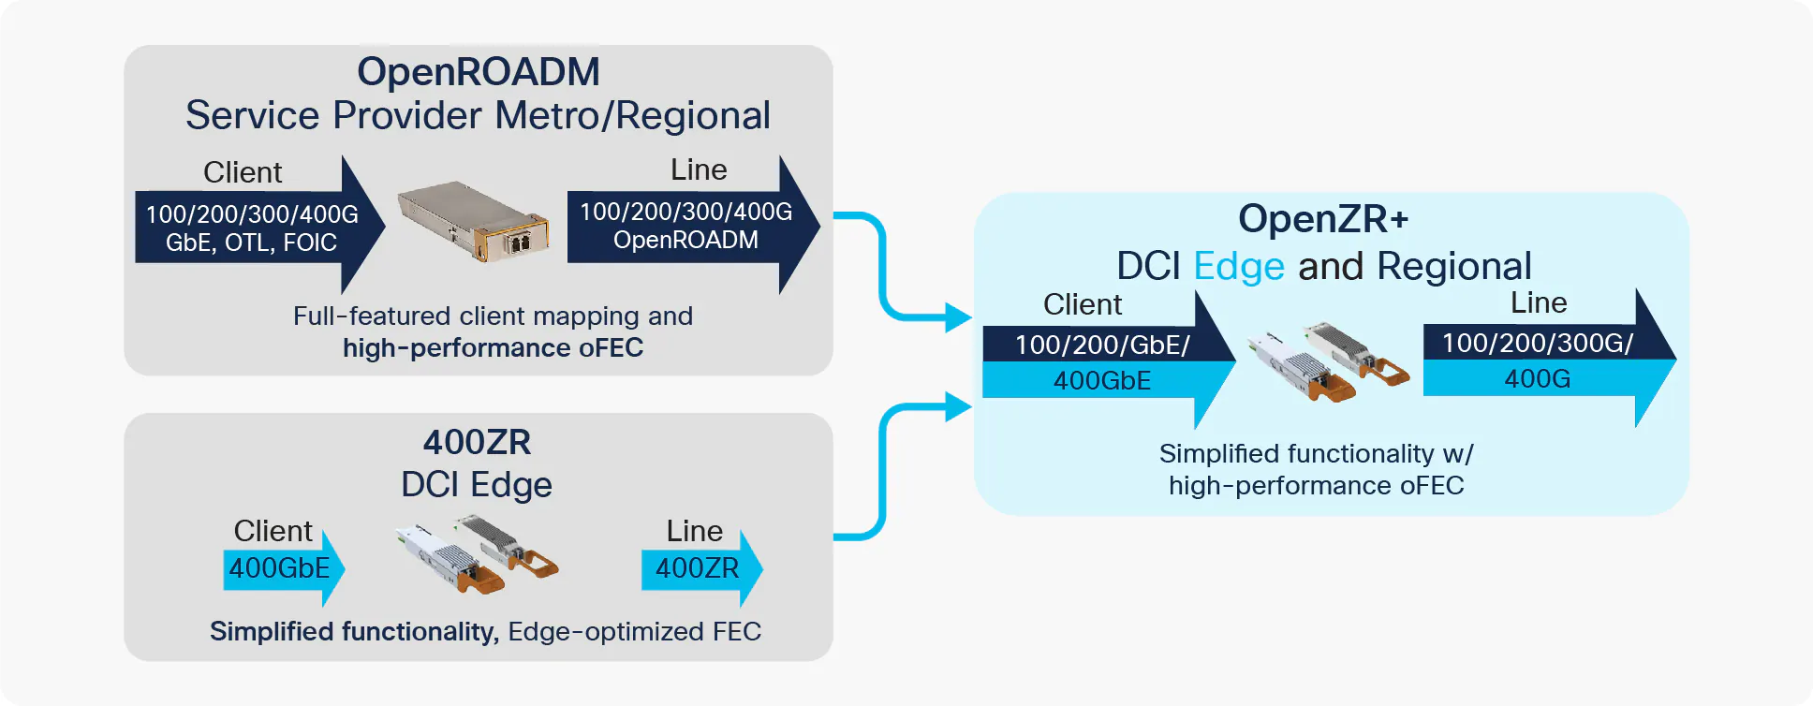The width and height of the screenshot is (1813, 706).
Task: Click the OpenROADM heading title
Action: click(478, 72)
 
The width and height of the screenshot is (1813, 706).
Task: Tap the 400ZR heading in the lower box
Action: click(477, 442)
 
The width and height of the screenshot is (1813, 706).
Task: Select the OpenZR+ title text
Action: click(1322, 219)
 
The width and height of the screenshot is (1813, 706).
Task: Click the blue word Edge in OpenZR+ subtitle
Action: click(1239, 267)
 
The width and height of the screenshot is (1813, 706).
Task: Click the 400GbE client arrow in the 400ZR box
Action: click(280, 568)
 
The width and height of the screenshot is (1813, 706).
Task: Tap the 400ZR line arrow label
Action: click(698, 568)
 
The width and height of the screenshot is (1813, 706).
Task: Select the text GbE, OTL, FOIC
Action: click(251, 243)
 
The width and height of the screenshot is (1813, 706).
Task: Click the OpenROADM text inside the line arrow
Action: click(685, 241)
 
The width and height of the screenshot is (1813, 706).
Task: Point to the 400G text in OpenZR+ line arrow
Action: click(1537, 379)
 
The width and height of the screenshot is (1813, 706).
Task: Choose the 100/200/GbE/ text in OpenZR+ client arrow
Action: click(1102, 346)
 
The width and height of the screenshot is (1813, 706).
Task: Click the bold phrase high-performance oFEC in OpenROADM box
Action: click(493, 348)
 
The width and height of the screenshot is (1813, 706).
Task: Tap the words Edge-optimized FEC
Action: click(634, 632)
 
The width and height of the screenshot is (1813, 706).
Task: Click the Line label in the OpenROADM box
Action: click(699, 170)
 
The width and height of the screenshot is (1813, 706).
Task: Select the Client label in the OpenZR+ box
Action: click(1083, 305)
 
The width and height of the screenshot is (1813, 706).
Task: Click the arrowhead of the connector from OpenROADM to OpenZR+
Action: click(957, 317)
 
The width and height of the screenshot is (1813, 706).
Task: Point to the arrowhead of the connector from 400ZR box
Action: click(957, 406)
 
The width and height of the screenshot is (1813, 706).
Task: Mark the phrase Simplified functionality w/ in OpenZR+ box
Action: click(1316, 454)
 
